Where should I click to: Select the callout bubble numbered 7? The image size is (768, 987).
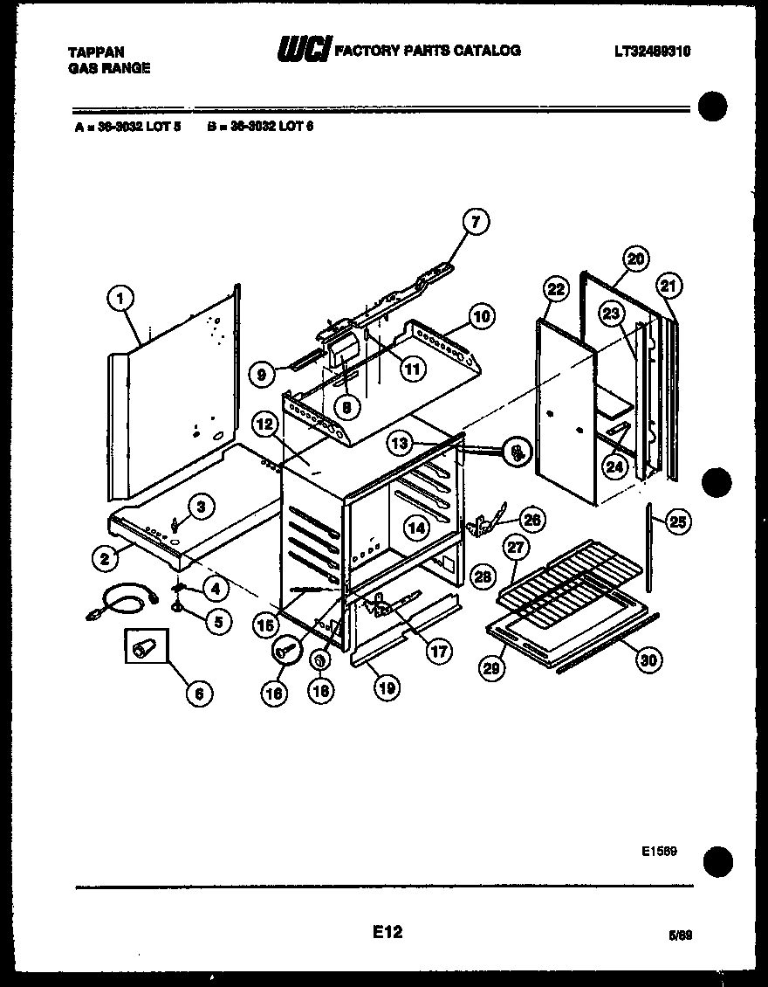(x=476, y=222)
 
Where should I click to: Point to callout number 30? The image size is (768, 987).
(x=647, y=660)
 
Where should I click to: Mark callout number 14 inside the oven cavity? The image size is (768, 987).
(x=416, y=527)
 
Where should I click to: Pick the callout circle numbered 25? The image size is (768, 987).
(x=675, y=522)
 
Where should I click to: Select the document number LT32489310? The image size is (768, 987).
(x=652, y=52)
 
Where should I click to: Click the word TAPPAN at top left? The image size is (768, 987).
(x=95, y=52)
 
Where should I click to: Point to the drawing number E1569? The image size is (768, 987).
(x=660, y=850)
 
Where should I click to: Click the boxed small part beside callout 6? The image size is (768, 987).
(x=141, y=648)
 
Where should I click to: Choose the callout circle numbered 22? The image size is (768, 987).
(x=555, y=289)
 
